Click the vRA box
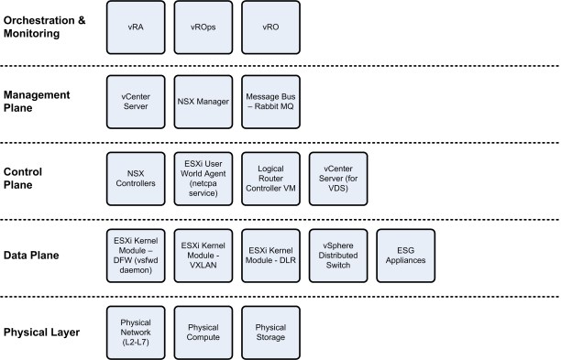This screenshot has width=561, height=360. pos(135,27)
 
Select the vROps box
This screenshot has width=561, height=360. pos(203,27)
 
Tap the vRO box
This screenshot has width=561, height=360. pos(269,27)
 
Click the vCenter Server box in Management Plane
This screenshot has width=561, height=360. pos(135,98)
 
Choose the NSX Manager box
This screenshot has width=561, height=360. pos(203,98)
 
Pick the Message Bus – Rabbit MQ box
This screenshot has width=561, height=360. pos(269,98)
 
